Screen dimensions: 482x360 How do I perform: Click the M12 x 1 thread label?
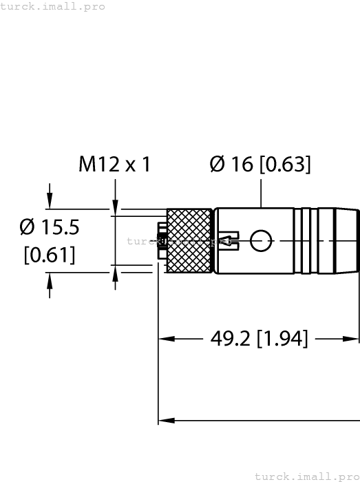(114, 165)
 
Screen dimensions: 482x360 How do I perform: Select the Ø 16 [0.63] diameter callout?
(260, 165)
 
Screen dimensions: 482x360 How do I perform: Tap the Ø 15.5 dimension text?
(50, 227)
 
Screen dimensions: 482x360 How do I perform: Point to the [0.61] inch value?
(49, 255)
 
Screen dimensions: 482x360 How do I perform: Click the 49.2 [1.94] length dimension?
(259, 339)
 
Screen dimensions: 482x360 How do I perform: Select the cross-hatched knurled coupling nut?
(189, 235)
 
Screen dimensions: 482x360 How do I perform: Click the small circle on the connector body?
(261, 241)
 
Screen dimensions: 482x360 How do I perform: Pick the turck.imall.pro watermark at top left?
(53, 6)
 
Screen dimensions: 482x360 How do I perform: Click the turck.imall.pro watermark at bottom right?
(307, 476)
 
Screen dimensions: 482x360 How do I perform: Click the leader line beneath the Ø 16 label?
(261, 193)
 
